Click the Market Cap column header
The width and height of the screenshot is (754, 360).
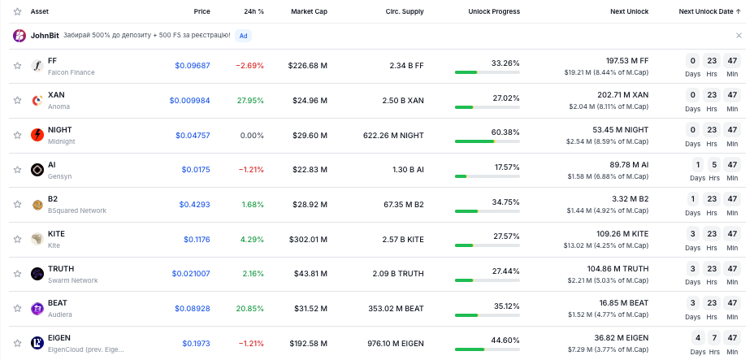click(309, 11)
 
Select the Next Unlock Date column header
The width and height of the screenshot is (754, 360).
click(709, 11)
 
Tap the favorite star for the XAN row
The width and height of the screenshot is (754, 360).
click(18, 101)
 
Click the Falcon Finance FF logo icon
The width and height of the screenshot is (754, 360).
click(37, 66)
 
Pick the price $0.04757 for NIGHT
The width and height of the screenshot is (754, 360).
click(193, 136)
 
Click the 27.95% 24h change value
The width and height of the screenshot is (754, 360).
click(250, 101)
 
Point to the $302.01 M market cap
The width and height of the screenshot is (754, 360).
click(308, 239)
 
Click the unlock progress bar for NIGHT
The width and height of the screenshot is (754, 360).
click(487, 141)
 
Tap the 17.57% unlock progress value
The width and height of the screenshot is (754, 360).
click(507, 167)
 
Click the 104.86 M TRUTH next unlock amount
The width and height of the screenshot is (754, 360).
click(617, 269)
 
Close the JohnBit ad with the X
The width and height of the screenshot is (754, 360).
click(739, 36)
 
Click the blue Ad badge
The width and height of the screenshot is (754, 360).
click(243, 36)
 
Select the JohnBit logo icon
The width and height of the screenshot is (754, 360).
click(19, 36)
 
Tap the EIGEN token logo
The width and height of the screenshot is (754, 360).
click(37, 343)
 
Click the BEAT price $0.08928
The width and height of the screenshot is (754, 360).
click(193, 309)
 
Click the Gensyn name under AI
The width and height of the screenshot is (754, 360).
click(59, 176)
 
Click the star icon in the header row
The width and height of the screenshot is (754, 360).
click(18, 11)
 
